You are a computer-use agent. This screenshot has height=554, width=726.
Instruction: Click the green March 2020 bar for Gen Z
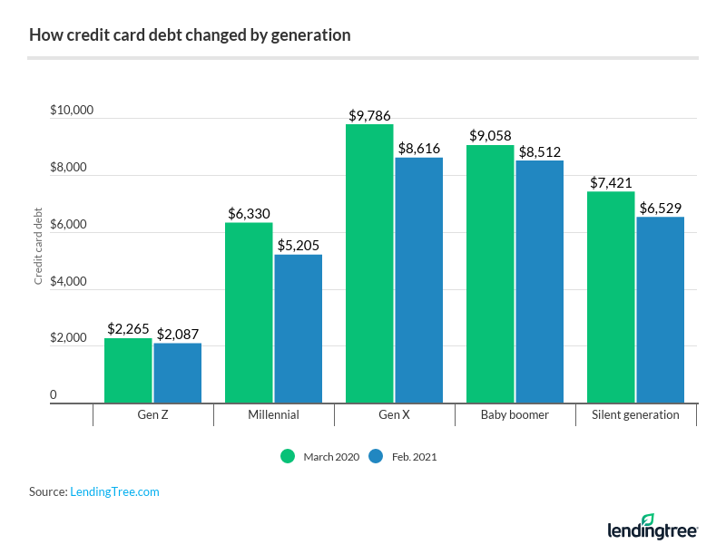click(128, 370)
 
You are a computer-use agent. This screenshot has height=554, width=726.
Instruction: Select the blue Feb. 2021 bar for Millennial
click(298, 328)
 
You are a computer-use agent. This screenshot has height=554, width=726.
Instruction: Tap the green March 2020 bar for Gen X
click(369, 263)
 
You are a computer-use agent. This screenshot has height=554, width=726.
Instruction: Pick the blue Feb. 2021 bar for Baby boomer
click(539, 281)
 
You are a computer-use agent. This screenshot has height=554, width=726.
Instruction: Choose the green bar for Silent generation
click(611, 296)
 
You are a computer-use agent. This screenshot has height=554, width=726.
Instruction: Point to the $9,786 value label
click(369, 116)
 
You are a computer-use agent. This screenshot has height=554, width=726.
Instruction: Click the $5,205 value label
click(298, 246)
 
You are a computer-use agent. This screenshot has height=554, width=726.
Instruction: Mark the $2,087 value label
click(177, 335)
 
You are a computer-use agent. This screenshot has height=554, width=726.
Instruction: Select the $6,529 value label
click(660, 208)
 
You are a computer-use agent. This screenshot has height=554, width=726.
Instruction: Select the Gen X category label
click(395, 414)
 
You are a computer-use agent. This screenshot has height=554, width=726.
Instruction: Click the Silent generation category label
click(636, 414)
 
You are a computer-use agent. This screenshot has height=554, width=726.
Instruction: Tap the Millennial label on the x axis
click(274, 414)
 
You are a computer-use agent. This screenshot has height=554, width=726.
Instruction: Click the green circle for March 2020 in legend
click(288, 456)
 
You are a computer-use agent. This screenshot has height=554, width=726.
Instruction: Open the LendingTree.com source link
click(114, 491)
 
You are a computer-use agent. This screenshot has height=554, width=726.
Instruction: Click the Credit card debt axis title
click(39, 247)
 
